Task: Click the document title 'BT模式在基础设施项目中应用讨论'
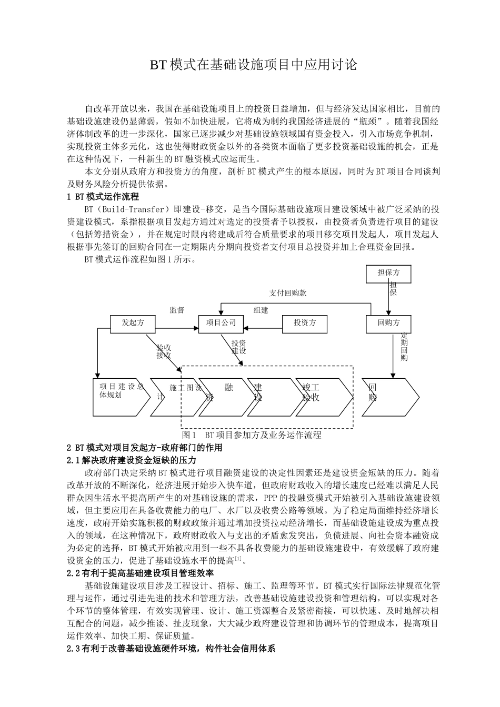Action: coord(253,65)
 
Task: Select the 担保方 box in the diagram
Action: coord(388,273)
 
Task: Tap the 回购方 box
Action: coord(388,323)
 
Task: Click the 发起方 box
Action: coord(133,323)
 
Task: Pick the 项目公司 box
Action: coord(221,323)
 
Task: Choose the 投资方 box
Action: coord(305,323)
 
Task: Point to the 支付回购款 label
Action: coord(288,292)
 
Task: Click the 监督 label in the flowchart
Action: coord(177,310)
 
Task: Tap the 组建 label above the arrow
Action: coord(261,310)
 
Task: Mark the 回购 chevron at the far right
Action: coord(389,396)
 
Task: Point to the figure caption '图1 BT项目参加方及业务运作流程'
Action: coord(251,435)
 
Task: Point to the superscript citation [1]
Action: coord(238,559)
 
